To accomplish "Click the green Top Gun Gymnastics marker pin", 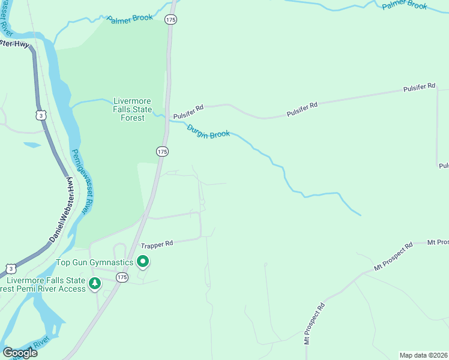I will pos(143,261).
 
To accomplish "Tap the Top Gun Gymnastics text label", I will pos(95,262).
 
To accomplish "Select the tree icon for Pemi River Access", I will pos(94,283).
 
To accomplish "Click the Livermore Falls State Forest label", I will pos(132,109).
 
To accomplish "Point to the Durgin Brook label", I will pos(208,131).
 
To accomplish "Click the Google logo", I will pos(20,353).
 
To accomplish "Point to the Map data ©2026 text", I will pos(423,355).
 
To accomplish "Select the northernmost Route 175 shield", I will pos(171,20).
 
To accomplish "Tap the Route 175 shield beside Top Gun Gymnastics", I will pos(122,277).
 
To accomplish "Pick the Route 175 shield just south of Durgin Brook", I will pos(162,152).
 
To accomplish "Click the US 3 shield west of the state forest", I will pos(40,114).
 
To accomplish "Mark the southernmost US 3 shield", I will pos(10,268).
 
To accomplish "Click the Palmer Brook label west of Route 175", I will pos(130,19).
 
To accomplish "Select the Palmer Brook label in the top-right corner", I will pos(405,5).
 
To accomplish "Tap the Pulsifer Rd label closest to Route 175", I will pos(188,112).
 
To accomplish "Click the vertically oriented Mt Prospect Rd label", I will pos(314,323).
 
